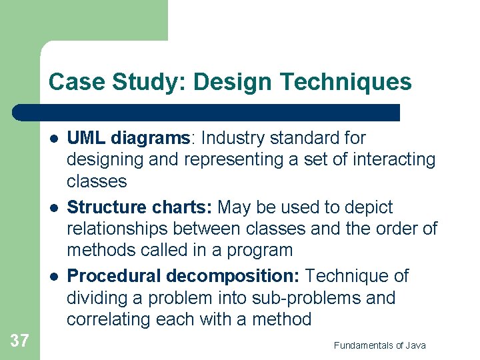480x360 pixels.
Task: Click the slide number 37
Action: [x=19, y=341]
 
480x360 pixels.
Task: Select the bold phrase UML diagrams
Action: [x=129, y=138]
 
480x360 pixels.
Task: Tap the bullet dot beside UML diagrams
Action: [x=52, y=139]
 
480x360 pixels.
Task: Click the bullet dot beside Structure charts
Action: [x=52, y=208]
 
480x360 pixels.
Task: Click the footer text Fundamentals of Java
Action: [x=379, y=345]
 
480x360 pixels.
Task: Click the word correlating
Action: [x=109, y=319]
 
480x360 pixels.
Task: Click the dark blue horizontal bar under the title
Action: [x=207, y=112]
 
